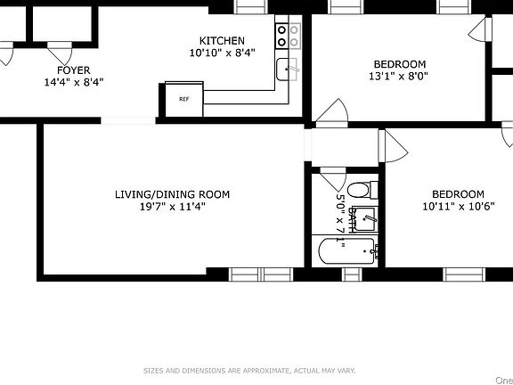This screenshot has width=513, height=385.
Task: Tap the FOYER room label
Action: pos(73,70)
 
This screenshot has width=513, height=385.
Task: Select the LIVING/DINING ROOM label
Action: pos(172,194)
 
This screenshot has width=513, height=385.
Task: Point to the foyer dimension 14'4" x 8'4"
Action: pos(73,82)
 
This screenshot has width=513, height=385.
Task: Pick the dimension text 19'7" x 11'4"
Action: pos(172,207)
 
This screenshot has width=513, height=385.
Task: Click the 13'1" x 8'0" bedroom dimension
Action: pos(399,76)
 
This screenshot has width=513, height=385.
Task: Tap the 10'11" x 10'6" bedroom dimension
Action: pos(458,207)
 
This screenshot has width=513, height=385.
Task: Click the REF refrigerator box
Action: pos(184,100)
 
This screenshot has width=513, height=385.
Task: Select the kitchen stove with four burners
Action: pos(288,36)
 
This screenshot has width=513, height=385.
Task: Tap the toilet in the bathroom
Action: pos(361,189)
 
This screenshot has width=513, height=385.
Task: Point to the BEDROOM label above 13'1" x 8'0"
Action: pos(399,63)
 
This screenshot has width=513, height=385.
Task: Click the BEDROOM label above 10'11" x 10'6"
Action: pos(458,194)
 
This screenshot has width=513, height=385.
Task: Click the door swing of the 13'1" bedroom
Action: pos(331,113)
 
